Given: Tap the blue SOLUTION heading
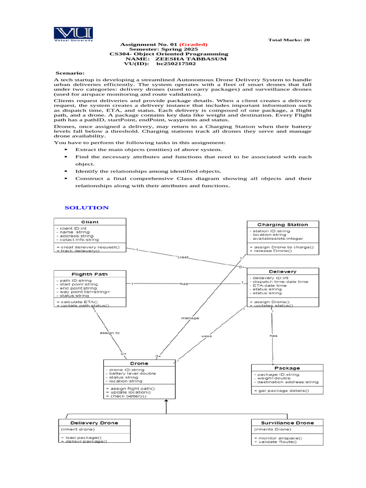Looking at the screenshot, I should pos(87,207).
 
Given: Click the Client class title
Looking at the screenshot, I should pos(90,222).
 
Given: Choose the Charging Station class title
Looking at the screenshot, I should pos(283,224).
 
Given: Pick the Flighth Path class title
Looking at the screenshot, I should pos(90,274).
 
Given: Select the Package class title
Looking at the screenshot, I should pos(287,368).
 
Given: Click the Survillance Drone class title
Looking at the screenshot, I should pos(287,423).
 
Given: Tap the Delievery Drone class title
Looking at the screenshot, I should pos(94,423).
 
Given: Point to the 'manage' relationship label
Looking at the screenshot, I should pos(190,317).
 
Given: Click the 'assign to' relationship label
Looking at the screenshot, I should pos(110,333).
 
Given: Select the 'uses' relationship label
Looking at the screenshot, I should pos(206,336).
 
